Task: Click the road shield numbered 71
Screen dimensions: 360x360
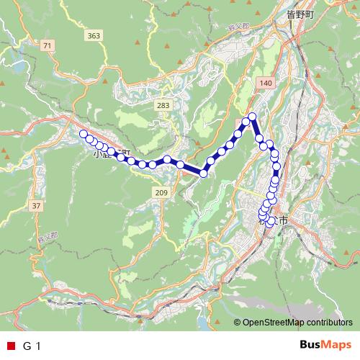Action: (48, 46)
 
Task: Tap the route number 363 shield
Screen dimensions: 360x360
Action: (92, 35)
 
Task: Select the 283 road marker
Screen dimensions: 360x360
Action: (163, 106)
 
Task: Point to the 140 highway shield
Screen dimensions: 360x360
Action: (266, 84)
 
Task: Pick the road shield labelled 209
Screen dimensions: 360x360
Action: (160, 193)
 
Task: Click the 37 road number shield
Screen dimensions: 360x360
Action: (36, 206)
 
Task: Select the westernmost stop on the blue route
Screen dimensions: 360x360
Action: (84, 134)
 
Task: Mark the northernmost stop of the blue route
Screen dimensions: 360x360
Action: (253, 116)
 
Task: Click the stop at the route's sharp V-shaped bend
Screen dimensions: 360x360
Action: (204, 173)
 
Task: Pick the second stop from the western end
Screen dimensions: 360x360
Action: (89, 138)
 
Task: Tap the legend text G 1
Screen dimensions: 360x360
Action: (32, 346)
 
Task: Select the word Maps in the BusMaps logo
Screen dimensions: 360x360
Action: (338, 345)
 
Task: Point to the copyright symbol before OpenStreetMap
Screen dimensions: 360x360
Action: (237, 323)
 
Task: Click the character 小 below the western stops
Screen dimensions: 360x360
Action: (98, 153)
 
